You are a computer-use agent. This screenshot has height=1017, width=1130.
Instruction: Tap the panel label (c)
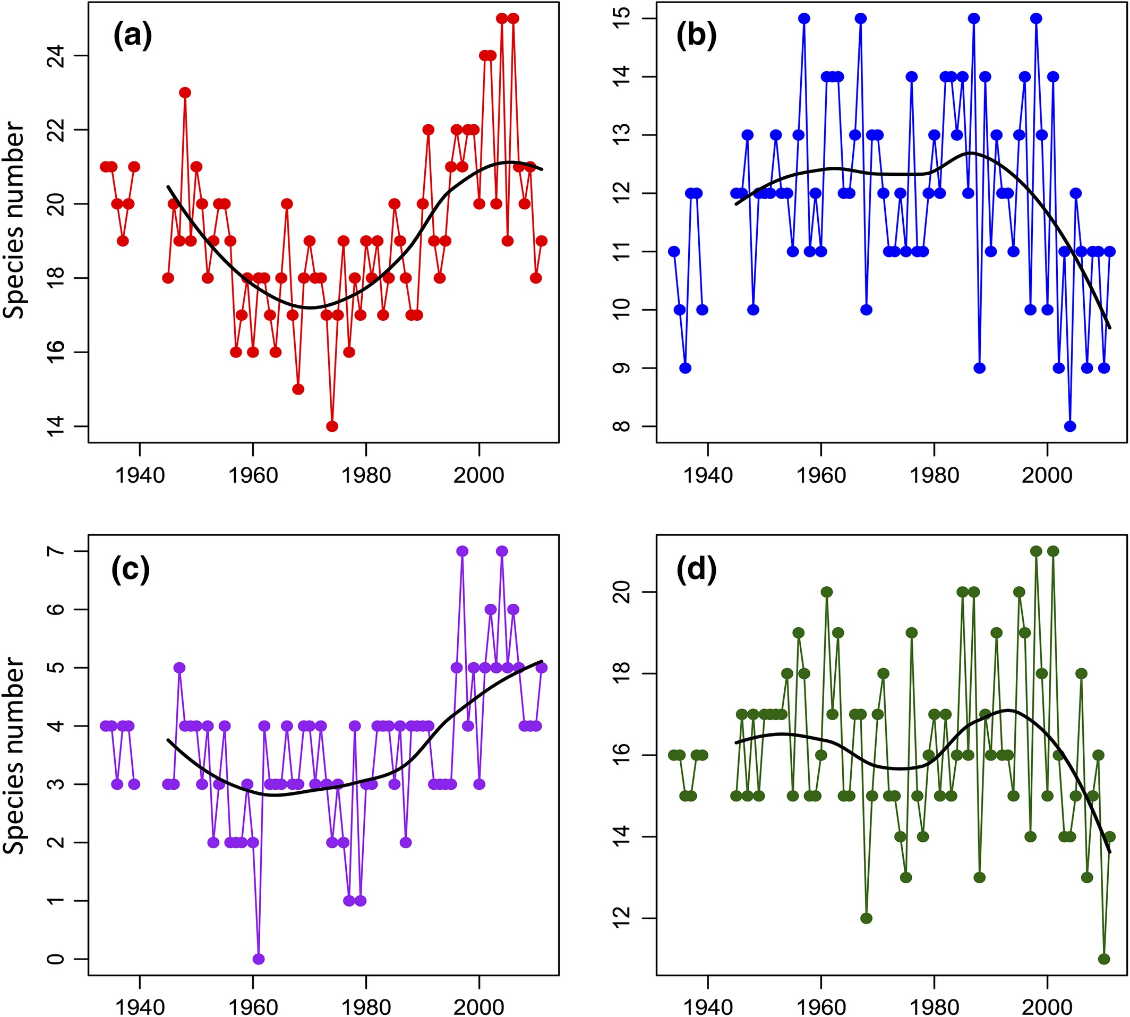coord(131,571)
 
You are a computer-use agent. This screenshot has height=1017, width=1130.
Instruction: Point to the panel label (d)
coord(696,571)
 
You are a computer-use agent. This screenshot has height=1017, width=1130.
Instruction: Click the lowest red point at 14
coord(332,426)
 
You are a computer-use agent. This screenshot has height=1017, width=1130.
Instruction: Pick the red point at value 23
coord(185,93)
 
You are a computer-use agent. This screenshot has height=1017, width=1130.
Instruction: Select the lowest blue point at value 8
coord(1070,426)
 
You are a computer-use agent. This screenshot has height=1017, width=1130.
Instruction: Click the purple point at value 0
coord(258,960)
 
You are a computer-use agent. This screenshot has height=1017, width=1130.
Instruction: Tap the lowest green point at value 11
coord(1104,960)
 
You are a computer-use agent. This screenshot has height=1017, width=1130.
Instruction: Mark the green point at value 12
coord(866,919)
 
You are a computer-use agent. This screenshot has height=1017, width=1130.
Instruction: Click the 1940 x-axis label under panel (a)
coord(139,475)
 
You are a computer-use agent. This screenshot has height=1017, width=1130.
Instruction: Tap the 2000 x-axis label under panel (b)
coord(1047,475)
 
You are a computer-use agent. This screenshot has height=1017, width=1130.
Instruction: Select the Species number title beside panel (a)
coord(15,221)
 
